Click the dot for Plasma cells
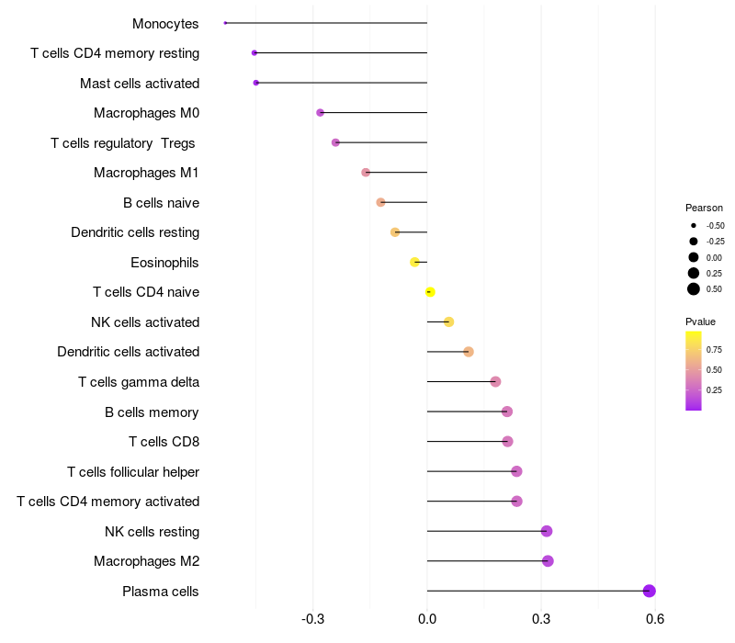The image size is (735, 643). (650, 591)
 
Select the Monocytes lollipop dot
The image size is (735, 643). (225, 23)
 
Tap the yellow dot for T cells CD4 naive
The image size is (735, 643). (430, 292)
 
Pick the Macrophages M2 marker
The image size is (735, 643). (548, 561)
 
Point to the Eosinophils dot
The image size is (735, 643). (415, 262)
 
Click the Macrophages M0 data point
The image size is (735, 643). (320, 112)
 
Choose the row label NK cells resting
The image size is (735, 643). (152, 531)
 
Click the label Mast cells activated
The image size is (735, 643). (140, 83)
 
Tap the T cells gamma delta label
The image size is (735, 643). (139, 381)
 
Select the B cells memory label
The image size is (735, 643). (152, 412)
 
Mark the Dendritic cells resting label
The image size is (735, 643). (135, 232)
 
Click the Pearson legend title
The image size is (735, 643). (704, 208)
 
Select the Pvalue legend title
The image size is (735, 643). (700, 321)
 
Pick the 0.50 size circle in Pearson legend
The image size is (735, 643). (694, 289)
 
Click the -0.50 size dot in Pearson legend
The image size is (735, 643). (694, 225)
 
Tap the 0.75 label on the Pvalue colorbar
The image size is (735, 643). (714, 349)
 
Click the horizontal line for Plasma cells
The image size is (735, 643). (533, 591)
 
